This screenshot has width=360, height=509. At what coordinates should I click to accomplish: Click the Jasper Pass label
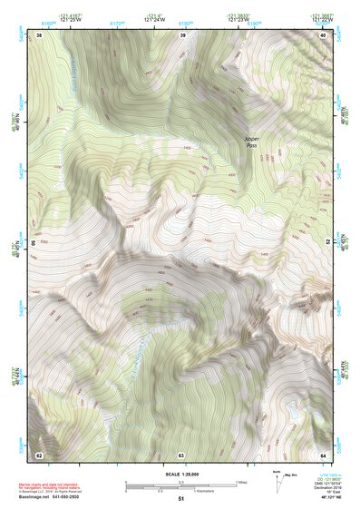(x=255, y=142)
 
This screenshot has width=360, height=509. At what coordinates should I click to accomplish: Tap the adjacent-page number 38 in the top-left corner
(x=39, y=34)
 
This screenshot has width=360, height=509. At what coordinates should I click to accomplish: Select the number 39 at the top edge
(x=183, y=34)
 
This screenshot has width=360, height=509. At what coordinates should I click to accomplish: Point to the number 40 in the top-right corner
(x=324, y=34)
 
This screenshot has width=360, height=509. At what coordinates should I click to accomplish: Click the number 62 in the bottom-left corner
(x=39, y=454)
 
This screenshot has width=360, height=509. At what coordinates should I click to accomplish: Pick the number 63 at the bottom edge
(x=181, y=454)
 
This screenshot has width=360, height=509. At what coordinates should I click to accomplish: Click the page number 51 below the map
(x=181, y=499)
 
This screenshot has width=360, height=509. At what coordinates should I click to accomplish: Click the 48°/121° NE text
(x=324, y=499)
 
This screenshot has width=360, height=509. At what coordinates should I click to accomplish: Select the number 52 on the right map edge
(x=327, y=243)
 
